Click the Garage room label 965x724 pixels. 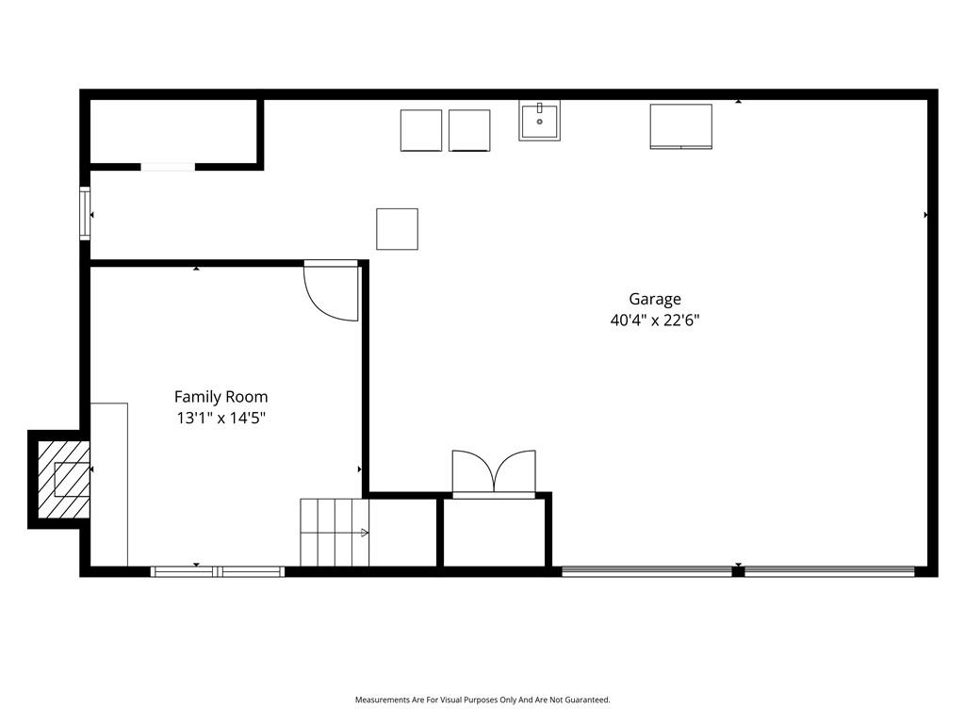655,299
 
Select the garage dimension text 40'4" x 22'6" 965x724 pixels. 655,321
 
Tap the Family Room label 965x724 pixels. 221,397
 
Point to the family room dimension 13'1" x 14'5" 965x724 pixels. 221,418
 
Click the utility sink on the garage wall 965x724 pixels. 539,120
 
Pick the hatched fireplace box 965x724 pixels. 63,479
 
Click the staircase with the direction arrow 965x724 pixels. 335,533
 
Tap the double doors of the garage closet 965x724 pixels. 494,473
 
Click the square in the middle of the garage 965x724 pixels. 397,229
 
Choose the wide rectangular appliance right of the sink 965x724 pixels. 681,126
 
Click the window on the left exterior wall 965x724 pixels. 85,213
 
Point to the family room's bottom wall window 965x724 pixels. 218,572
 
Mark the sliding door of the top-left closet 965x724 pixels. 168,167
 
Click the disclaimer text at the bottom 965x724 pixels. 482,700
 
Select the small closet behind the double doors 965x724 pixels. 494,532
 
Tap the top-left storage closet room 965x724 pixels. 173,131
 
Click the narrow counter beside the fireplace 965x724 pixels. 109,485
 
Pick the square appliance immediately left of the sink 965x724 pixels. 469,130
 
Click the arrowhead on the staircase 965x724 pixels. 365,533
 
